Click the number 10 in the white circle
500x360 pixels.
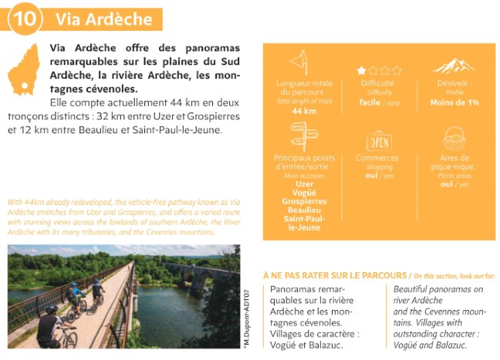[x=23, y=19]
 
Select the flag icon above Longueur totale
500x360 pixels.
[x=299, y=62]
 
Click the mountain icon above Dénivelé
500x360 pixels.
[x=454, y=65]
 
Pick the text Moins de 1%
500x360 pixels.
[x=454, y=101]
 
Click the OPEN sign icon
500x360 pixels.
[x=379, y=142]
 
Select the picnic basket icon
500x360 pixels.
[x=454, y=139]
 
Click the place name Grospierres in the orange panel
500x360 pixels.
[x=304, y=201]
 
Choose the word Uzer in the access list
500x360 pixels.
[x=304, y=184]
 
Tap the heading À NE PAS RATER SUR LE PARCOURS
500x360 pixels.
[x=336, y=275]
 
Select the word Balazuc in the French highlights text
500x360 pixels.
[x=326, y=345]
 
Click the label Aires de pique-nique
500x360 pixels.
[x=454, y=163]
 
